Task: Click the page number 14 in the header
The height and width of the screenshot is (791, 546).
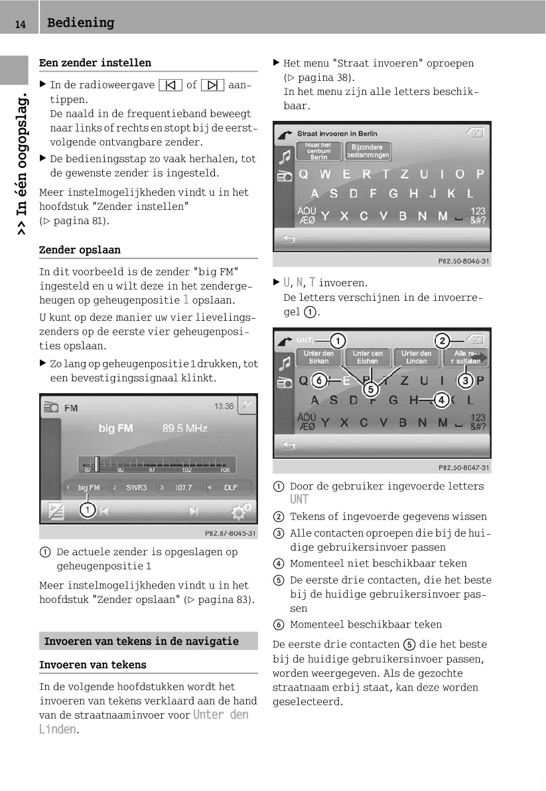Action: pyautogui.click(x=21, y=25)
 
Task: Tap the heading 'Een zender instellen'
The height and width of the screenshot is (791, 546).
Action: pyautogui.click(x=95, y=63)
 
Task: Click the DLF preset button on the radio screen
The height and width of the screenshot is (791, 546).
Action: pyautogui.click(x=230, y=487)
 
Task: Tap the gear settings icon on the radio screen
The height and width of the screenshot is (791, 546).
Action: pyautogui.click(x=241, y=511)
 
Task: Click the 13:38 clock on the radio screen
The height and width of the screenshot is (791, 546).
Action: pyautogui.click(x=224, y=406)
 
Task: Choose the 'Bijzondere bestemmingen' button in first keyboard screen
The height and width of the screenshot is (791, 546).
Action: pyautogui.click(x=367, y=151)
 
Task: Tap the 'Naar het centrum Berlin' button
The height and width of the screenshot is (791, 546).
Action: pyautogui.click(x=318, y=151)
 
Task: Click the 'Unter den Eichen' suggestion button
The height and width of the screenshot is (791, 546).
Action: pyautogui.click(x=367, y=357)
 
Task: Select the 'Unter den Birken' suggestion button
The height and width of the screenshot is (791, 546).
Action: pyautogui.click(x=318, y=357)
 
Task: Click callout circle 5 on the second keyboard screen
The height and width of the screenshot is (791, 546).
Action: pyautogui.click(x=370, y=389)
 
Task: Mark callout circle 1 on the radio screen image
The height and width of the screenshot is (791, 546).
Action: pyautogui.click(x=87, y=510)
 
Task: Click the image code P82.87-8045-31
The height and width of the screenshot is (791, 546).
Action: pyautogui.click(x=230, y=533)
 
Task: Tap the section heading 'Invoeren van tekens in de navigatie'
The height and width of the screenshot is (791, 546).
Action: pyautogui.click(x=141, y=642)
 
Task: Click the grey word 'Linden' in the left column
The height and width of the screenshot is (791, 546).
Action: pyautogui.click(x=58, y=729)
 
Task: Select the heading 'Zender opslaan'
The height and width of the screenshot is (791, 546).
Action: pyautogui.click(x=80, y=250)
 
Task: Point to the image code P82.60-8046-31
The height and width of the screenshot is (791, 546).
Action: pyautogui.click(x=464, y=262)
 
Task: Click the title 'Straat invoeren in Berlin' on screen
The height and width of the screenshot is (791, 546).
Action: pyautogui.click(x=337, y=133)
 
